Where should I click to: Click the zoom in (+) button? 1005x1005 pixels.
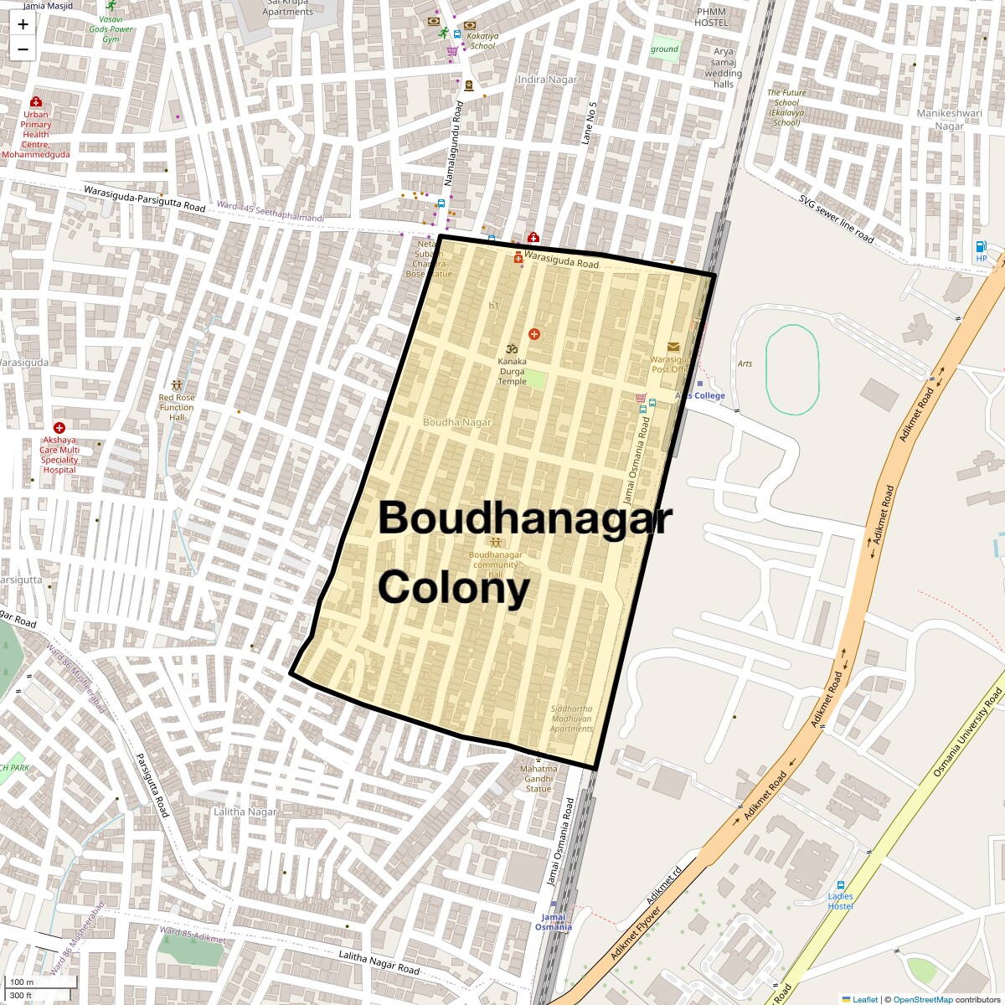(23, 24)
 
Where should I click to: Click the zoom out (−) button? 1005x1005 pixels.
(23, 49)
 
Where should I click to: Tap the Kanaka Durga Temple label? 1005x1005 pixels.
(512, 372)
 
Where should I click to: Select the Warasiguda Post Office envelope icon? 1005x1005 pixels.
(673, 347)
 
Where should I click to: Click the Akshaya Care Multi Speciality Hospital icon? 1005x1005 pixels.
(59, 428)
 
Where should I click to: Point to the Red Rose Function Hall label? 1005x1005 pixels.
(177, 408)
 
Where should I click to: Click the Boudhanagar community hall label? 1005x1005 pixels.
(495, 564)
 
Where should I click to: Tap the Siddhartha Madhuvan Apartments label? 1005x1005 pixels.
(571, 719)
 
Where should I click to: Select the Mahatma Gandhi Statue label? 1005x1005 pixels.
(539, 779)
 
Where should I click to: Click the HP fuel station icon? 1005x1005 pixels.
(981, 246)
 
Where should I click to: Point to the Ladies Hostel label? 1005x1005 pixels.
(840, 901)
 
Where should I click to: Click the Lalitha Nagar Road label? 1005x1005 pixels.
(379, 962)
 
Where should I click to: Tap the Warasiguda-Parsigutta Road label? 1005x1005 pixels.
(144, 198)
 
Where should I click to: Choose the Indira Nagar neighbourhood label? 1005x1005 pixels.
(547, 80)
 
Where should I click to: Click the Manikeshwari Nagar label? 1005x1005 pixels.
(949, 120)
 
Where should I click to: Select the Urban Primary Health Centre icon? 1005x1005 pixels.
(36, 102)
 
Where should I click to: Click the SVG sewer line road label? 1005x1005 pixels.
(835, 219)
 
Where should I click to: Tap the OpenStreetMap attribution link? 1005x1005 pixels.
(922, 999)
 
